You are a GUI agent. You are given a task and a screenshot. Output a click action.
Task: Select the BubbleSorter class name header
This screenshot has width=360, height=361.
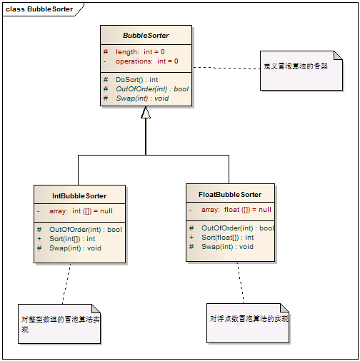146,35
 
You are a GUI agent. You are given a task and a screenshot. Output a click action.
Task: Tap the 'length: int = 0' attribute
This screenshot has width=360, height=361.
140,52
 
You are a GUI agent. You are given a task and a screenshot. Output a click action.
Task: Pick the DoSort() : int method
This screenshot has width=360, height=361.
136,79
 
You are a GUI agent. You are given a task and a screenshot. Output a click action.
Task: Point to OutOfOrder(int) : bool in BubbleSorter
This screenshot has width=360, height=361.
151,88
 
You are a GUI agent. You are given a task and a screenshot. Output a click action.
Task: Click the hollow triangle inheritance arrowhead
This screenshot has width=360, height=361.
146,113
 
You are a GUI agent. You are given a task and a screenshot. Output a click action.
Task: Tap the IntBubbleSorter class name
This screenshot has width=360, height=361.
79,195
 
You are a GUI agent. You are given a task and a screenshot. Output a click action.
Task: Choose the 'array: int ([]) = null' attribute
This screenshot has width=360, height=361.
81,211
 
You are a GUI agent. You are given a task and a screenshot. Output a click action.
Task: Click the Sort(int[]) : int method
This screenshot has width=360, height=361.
72,238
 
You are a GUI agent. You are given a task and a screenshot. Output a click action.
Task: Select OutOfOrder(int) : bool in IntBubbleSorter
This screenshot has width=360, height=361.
85,229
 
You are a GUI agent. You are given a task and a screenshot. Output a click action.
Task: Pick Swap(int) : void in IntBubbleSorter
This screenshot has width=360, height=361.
75,248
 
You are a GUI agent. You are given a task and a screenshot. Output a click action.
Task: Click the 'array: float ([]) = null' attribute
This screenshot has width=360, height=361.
236,210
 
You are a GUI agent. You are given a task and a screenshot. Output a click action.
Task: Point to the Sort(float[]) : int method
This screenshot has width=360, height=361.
227,237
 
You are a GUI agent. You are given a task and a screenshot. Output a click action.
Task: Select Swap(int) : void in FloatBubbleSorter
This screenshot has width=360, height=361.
227,246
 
